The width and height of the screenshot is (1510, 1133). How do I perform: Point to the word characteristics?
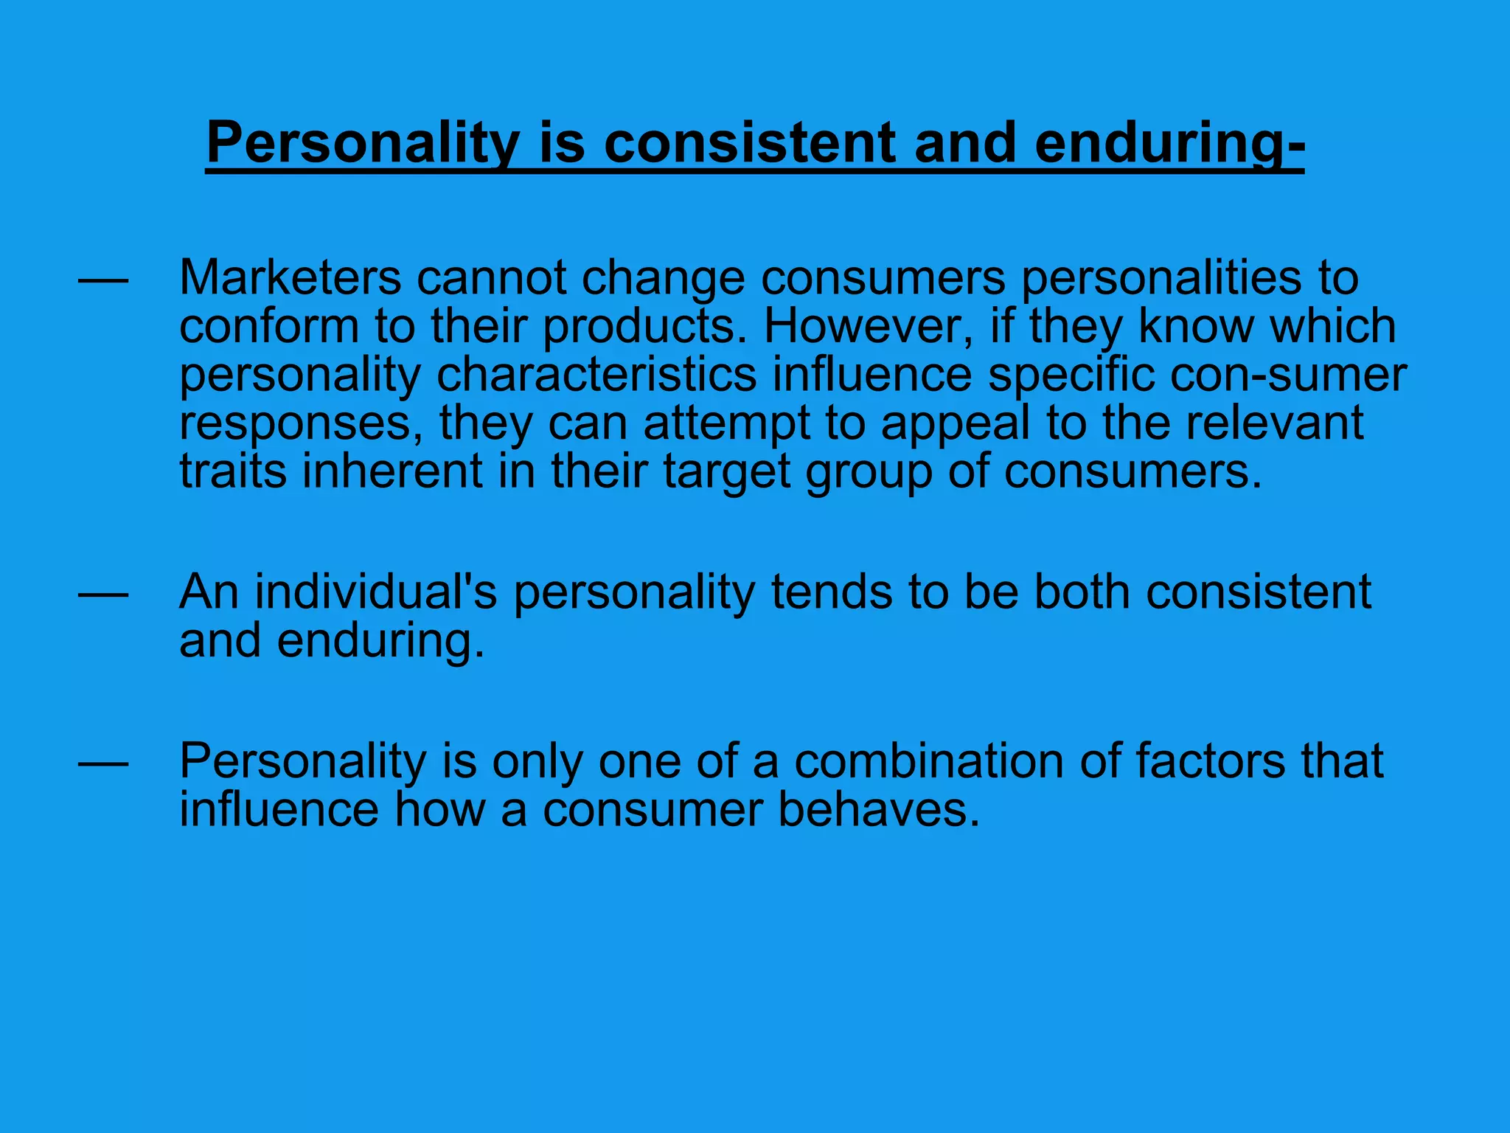596,375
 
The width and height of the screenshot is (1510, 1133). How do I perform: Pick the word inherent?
392,471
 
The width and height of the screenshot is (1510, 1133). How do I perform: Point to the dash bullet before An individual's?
103,594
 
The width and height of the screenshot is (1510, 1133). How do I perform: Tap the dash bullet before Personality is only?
103,763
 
